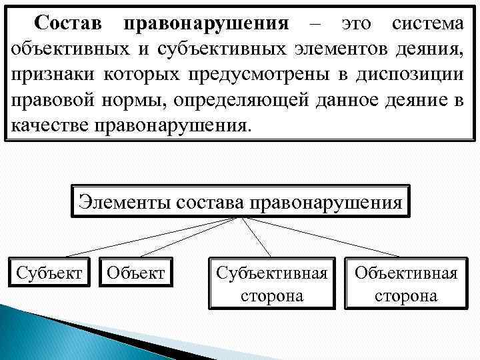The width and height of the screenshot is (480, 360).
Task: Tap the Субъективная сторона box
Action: (272, 283)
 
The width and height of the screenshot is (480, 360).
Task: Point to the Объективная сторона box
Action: (406, 283)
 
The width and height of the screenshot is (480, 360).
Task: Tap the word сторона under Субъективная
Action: (272, 295)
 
